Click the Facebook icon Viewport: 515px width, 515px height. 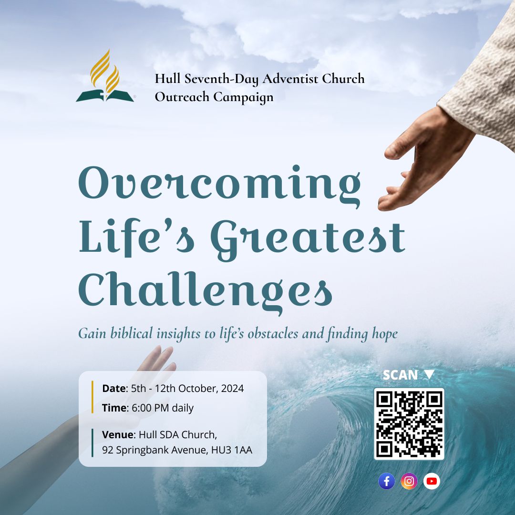(387, 481)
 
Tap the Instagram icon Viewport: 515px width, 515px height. (409, 481)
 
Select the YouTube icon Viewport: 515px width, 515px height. (432, 481)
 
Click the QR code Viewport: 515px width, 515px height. (409, 424)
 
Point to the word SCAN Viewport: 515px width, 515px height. (400, 375)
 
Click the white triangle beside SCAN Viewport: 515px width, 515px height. (429, 374)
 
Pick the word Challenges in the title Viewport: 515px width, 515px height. (205, 291)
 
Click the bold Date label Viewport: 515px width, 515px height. (113, 388)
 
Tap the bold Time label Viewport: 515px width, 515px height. (114, 408)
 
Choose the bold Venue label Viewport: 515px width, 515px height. (118, 434)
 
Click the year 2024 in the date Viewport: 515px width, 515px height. (233, 388)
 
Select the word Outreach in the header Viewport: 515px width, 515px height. (182, 97)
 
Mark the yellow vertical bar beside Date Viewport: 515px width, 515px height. (93, 397)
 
